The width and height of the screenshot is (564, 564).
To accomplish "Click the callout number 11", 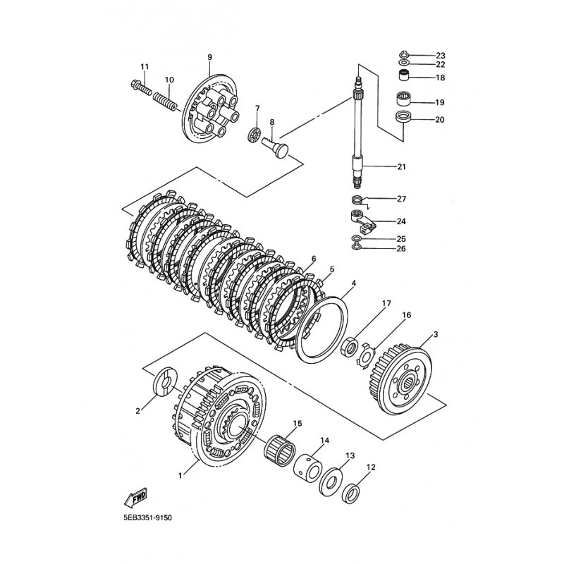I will point(145,67).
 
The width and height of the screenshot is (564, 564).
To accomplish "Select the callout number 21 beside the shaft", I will point(402,167).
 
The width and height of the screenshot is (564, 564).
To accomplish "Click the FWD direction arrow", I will point(137,498).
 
